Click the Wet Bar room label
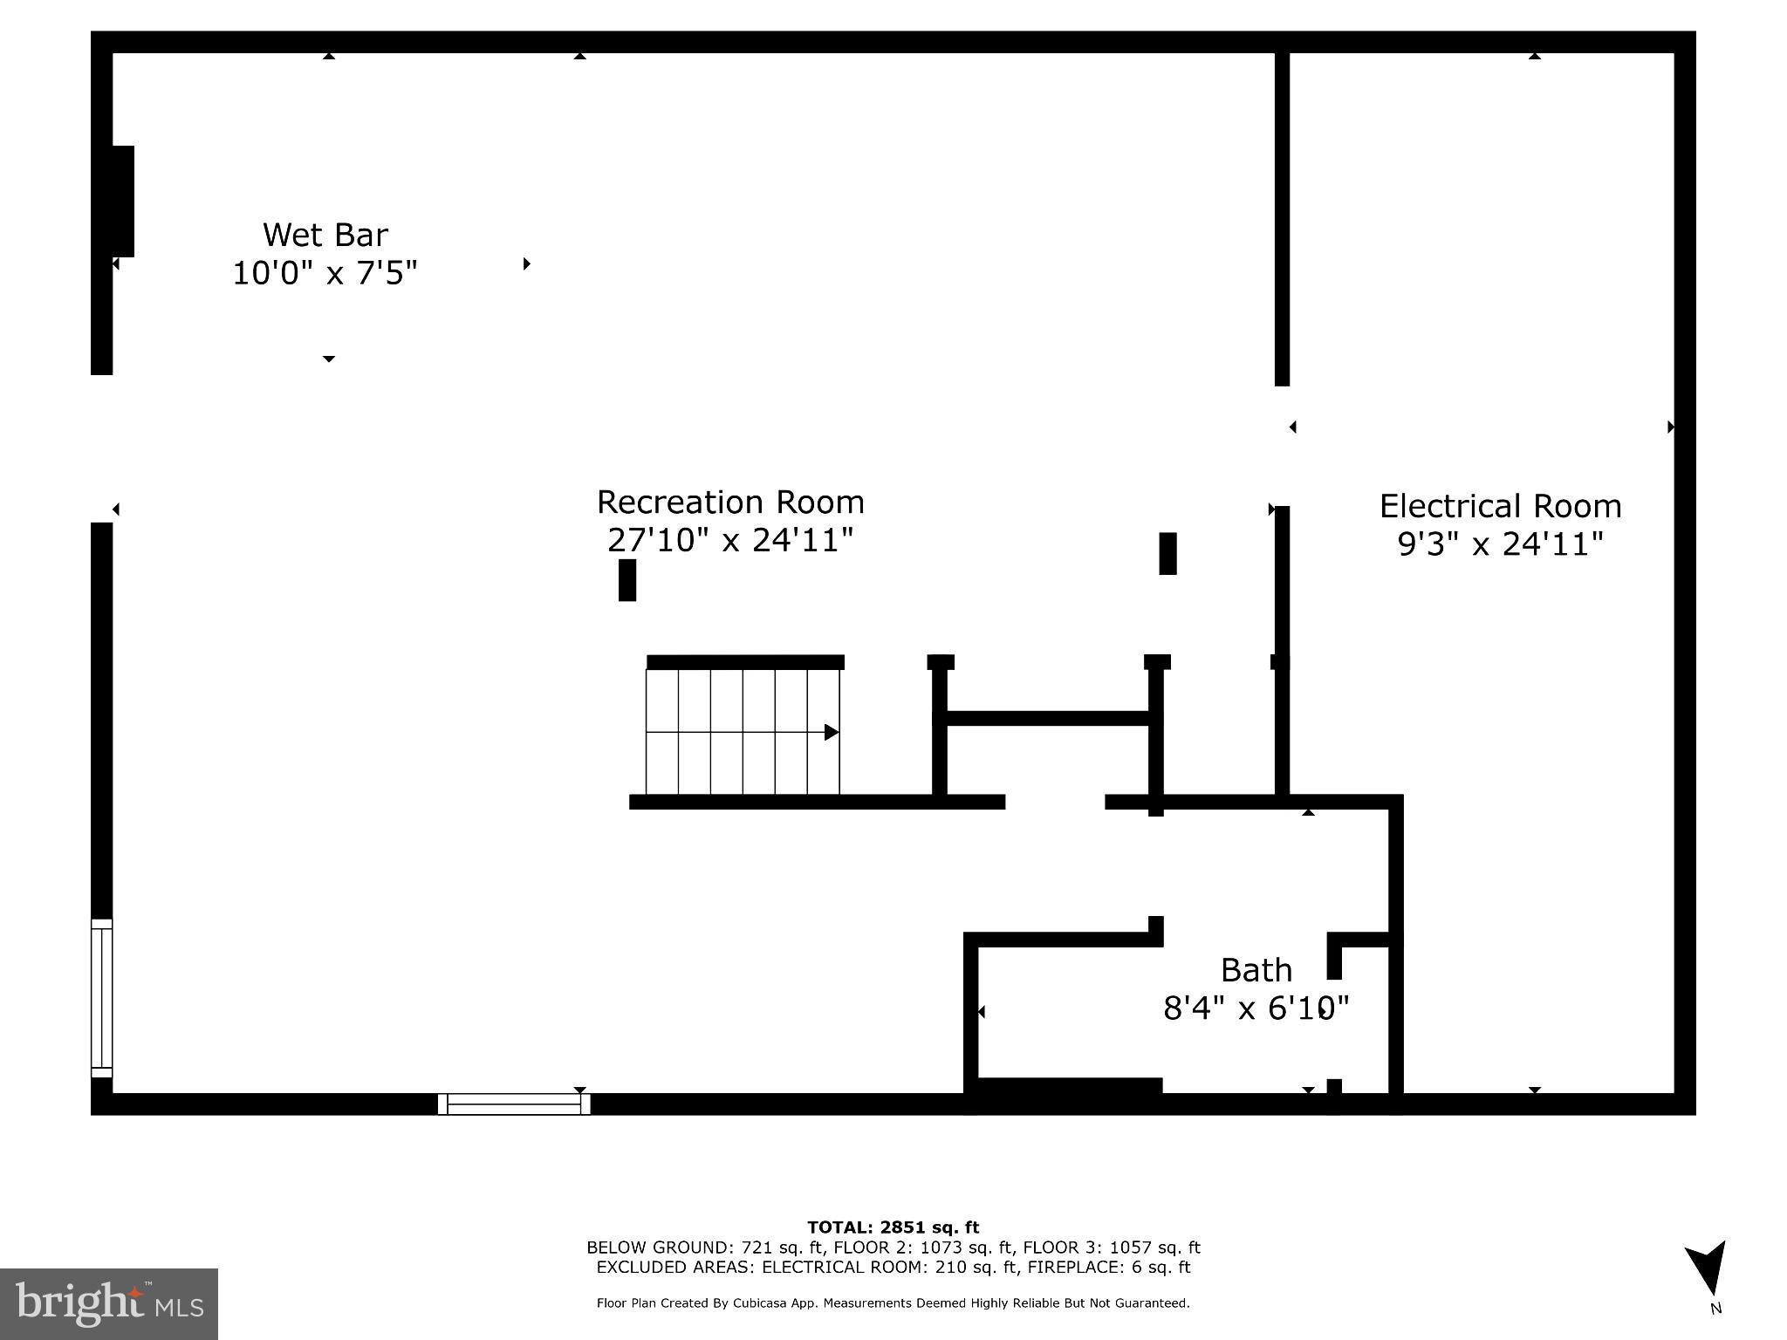point(325,235)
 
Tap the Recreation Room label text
point(730,502)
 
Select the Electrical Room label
point(1500,506)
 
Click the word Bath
point(1256,970)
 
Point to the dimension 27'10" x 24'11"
point(729,541)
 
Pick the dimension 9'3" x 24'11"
point(1500,544)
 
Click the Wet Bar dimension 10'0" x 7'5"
point(325,274)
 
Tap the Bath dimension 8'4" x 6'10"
point(1256,1008)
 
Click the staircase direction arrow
point(831,732)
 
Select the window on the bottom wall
point(513,1104)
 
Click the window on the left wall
point(102,998)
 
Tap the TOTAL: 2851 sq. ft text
point(893,1228)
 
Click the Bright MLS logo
point(108,1303)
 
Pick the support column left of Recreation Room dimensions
point(626,580)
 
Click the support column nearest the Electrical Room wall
point(1167,554)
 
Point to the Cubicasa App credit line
point(893,1303)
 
